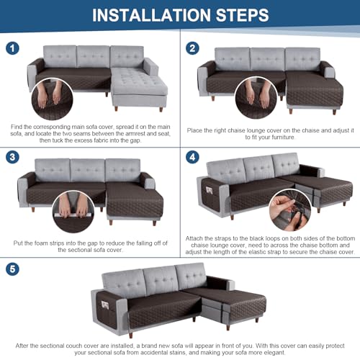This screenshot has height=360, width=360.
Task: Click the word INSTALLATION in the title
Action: click(x=151, y=15)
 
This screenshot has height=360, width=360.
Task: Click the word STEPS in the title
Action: click(x=242, y=15)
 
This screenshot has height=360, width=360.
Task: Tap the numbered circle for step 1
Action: click(x=12, y=48)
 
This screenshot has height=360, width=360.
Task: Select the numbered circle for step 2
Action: click(x=192, y=48)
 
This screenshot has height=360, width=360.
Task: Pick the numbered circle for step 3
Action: click(x=12, y=157)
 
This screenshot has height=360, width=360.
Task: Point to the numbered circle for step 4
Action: click(x=192, y=157)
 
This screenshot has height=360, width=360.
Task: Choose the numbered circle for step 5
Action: click(x=12, y=269)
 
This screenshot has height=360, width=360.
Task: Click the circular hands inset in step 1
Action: click(x=53, y=99)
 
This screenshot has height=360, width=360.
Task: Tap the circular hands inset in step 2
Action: click(x=256, y=98)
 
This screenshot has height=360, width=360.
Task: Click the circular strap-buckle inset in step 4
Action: click(x=290, y=210)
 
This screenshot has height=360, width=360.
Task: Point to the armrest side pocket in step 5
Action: click(x=105, y=305)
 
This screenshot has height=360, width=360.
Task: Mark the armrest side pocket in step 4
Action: click(x=210, y=191)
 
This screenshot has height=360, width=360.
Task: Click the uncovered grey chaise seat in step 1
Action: click(x=139, y=81)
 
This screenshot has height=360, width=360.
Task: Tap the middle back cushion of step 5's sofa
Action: click(x=160, y=279)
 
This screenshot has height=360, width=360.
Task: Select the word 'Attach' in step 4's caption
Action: click(x=194, y=238)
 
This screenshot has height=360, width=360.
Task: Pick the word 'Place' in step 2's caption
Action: click(x=194, y=130)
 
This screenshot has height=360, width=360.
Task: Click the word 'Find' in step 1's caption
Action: click(x=17, y=127)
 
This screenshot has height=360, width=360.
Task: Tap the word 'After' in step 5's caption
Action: click(x=22, y=346)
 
